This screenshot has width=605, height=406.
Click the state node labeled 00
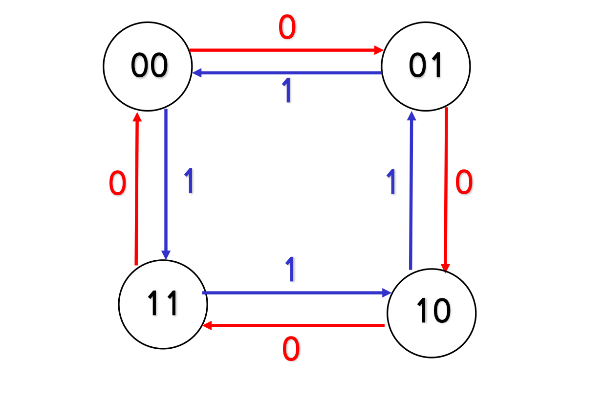(x=147, y=66)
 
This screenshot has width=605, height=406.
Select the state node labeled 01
(x=426, y=66)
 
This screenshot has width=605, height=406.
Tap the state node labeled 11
(x=163, y=304)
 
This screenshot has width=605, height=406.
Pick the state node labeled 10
(x=432, y=312)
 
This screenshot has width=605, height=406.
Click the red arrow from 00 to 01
(x=286, y=50)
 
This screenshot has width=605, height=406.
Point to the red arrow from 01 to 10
(x=446, y=189)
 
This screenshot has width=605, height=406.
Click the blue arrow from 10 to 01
(x=411, y=191)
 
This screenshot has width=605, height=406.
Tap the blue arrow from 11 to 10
(x=296, y=293)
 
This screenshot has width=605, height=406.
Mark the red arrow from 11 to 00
(x=137, y=189)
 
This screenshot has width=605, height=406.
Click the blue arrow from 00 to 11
(x=166, y=184)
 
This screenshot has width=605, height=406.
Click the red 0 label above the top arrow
(x=287, y=27)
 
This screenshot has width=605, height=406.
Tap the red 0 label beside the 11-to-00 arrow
(x=117, y=185)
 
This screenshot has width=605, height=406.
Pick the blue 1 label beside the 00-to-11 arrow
(x=189, y=181)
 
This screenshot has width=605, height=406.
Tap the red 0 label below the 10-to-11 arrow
(x=291, y=350)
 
